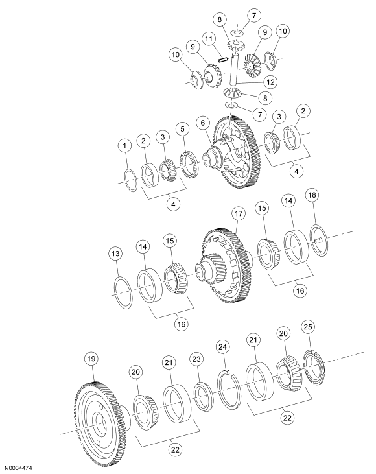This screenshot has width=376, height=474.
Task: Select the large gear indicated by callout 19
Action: pyautogui.click(x=97, y=415)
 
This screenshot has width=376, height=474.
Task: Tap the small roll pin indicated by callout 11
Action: pyautogui.click(x=221, y=58)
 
